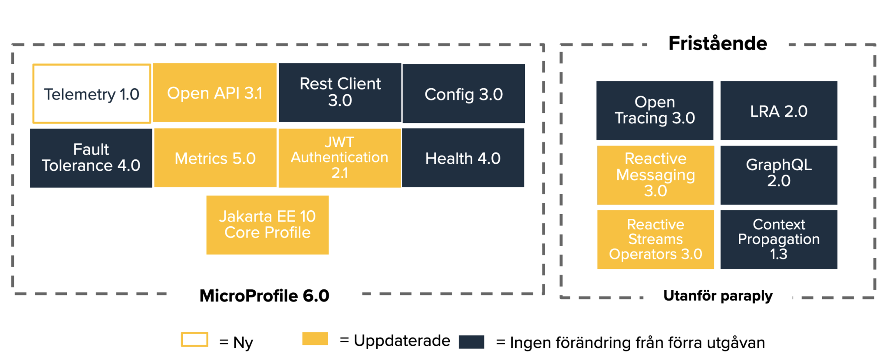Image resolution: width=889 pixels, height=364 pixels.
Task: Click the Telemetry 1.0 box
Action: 92,94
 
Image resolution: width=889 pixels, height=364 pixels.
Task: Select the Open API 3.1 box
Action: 215,93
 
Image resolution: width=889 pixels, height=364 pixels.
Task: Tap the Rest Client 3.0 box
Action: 340,93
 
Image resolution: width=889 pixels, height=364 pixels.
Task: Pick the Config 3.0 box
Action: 464,93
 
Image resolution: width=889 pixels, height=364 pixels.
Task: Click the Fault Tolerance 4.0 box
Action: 91,158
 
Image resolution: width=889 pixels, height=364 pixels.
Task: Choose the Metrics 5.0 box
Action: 215,158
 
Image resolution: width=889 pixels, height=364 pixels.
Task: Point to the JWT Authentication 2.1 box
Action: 339,158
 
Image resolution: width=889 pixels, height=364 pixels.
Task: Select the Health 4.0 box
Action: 463,158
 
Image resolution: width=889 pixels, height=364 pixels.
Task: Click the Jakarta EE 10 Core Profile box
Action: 267,225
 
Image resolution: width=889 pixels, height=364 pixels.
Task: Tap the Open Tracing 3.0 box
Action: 655,110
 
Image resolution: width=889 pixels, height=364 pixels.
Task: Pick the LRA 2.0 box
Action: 779,110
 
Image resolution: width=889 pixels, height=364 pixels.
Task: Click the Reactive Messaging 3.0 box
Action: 655,175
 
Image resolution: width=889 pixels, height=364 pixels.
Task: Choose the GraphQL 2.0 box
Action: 779,175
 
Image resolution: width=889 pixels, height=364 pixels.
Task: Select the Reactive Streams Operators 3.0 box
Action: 655,239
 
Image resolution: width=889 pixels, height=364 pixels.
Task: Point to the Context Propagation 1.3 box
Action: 779,239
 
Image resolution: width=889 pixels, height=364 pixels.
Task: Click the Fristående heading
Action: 718,43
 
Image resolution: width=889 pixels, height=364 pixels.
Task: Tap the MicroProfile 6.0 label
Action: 264,296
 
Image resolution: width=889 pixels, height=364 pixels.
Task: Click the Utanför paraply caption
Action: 718,296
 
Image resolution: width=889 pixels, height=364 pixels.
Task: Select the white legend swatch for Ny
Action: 194,340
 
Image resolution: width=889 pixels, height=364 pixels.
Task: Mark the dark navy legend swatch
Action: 471,342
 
